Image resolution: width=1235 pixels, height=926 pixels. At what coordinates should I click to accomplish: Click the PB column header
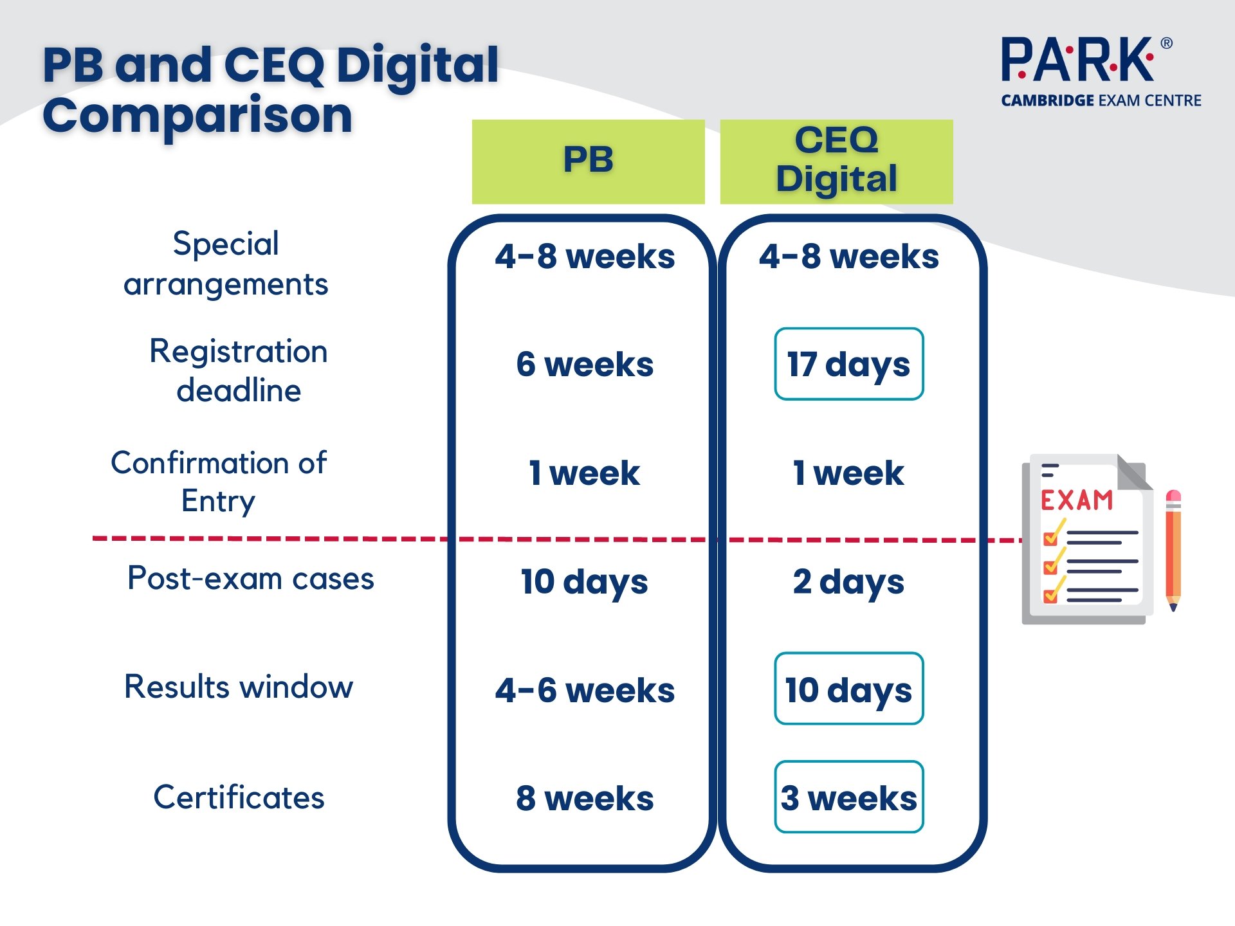(588, 161)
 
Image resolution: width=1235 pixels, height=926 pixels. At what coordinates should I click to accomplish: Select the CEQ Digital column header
(836, 161)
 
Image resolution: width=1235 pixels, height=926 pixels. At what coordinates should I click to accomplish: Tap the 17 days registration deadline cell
(849, 364)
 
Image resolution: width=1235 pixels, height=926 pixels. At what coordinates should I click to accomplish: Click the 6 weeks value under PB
(585, 364)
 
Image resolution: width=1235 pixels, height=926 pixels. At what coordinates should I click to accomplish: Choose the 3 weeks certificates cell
(849, 797)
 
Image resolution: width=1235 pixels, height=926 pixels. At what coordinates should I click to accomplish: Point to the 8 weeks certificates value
(585, 798)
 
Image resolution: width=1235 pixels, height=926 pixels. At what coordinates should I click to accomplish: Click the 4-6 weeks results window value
(585, 690)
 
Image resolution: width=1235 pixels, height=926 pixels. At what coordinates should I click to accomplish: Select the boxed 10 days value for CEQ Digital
(849, 689)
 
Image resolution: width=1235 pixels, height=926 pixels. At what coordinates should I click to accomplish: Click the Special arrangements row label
(226, 264)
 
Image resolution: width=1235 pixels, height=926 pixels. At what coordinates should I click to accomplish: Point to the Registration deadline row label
(239, 370)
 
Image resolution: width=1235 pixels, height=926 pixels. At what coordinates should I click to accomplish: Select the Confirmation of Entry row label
(219, 482)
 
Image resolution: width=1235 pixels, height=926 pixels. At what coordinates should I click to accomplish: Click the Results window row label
(239, 686)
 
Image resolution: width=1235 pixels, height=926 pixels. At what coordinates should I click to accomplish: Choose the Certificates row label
(239, 797)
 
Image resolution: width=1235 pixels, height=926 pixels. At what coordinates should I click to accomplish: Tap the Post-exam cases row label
(251, 578)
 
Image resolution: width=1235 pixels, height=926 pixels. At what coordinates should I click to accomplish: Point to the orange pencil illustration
(1173, 550)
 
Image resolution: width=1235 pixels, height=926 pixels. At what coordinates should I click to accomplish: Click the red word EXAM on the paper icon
(1077, 500)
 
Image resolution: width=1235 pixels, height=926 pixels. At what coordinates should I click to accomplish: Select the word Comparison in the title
(197, 116)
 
